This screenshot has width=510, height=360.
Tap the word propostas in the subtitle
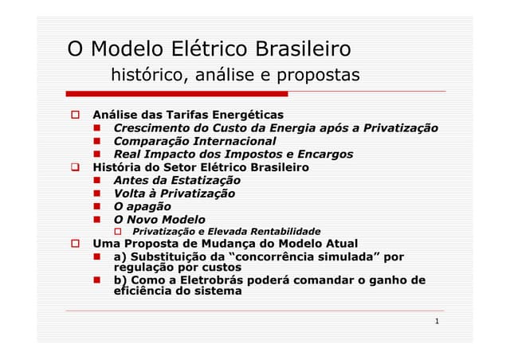319,76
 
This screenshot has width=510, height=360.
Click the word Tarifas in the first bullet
181,115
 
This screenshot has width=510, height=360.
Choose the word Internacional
226,141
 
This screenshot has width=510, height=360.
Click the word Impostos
244,155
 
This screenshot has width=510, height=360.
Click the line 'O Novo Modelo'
159,219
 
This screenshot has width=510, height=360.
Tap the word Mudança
221,244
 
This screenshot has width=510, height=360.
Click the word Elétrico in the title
206,49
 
